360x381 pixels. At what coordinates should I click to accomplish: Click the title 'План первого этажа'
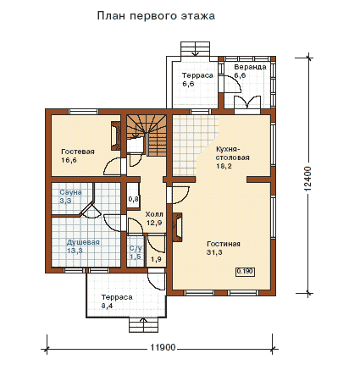(156, 16)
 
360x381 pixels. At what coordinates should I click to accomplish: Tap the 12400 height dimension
(307, 179)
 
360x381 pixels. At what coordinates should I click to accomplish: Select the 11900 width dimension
(163, 347)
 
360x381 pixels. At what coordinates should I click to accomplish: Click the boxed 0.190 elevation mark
(245, 272)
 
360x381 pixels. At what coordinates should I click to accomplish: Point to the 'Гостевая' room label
(78, 152)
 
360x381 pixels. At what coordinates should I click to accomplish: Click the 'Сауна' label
(70, 192)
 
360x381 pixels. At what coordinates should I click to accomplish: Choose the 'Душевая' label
(83, 242)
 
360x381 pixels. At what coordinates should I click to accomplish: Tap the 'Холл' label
(154, 214)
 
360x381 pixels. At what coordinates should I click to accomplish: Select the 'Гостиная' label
(224, 244)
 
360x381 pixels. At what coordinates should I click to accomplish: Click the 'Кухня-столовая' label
(232, 153)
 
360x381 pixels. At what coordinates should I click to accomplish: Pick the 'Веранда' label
(250, 67)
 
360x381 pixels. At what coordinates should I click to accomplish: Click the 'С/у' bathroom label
(136, 249)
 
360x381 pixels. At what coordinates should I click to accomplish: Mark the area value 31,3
(214, 252)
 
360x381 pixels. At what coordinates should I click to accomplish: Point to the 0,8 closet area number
(134, 199)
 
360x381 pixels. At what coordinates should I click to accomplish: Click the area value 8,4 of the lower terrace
(108, 306)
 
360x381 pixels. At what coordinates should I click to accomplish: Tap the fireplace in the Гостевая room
(116, 135)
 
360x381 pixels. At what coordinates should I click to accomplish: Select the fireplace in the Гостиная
(177, 227)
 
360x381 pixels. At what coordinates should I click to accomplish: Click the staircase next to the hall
(146, 135)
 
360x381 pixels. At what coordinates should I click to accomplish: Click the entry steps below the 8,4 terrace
(144, 325)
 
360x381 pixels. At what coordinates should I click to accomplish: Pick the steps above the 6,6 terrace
(196, 49)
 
